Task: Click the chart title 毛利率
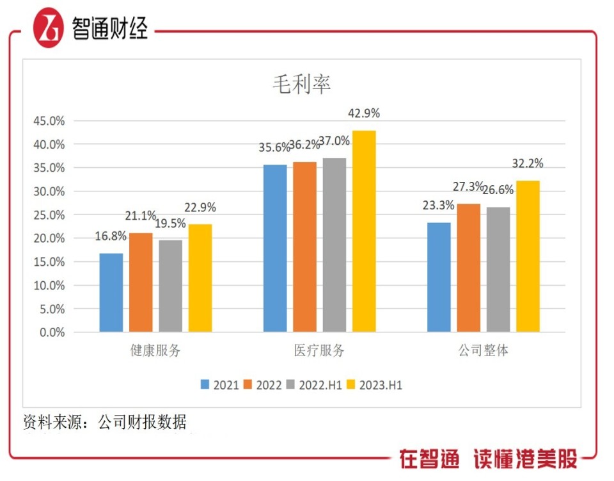coord(301,85)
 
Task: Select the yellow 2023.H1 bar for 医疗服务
coord(364,231)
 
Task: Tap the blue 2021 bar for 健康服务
coord(111,293)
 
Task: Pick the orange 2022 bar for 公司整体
coord(469,268)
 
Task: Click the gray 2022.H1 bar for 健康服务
coord(171,286)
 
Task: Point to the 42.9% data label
coord(364,113)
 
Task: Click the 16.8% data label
coord(111,237)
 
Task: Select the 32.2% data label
coord(528,164)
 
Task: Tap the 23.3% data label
coord(438,206)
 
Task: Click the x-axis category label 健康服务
coord(155,351)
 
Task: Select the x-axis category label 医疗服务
coord(319,351)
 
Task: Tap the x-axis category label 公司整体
coord(484,351)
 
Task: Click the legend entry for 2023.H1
coord(374,385)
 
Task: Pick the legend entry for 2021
coord(220,385)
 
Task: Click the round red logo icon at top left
coord(49,28)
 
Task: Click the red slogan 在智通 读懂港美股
coord(488,459)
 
